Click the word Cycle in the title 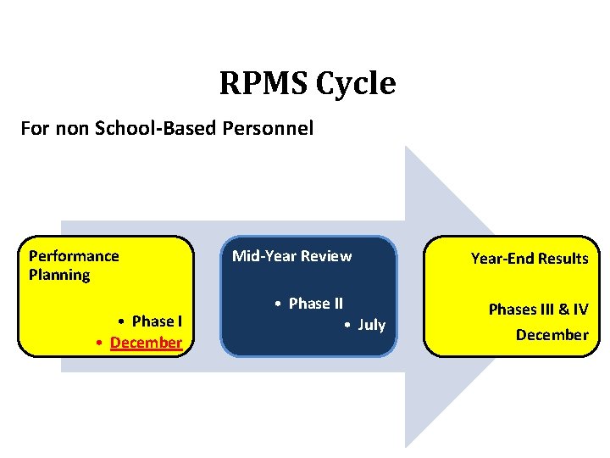(357, 84)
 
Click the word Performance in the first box (74, 256)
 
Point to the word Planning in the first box (59, 275)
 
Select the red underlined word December (146, 343)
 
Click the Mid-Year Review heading (291, 256)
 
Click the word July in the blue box (371, 325)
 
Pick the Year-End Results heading (530, 259)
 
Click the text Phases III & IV (538, 310)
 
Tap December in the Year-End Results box (552, 335)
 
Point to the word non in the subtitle (70, 129)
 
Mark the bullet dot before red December (100, 343)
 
